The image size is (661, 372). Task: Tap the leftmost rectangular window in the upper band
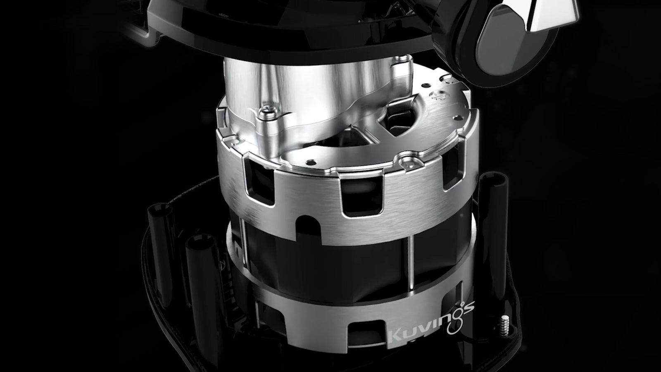pos(259,181)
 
